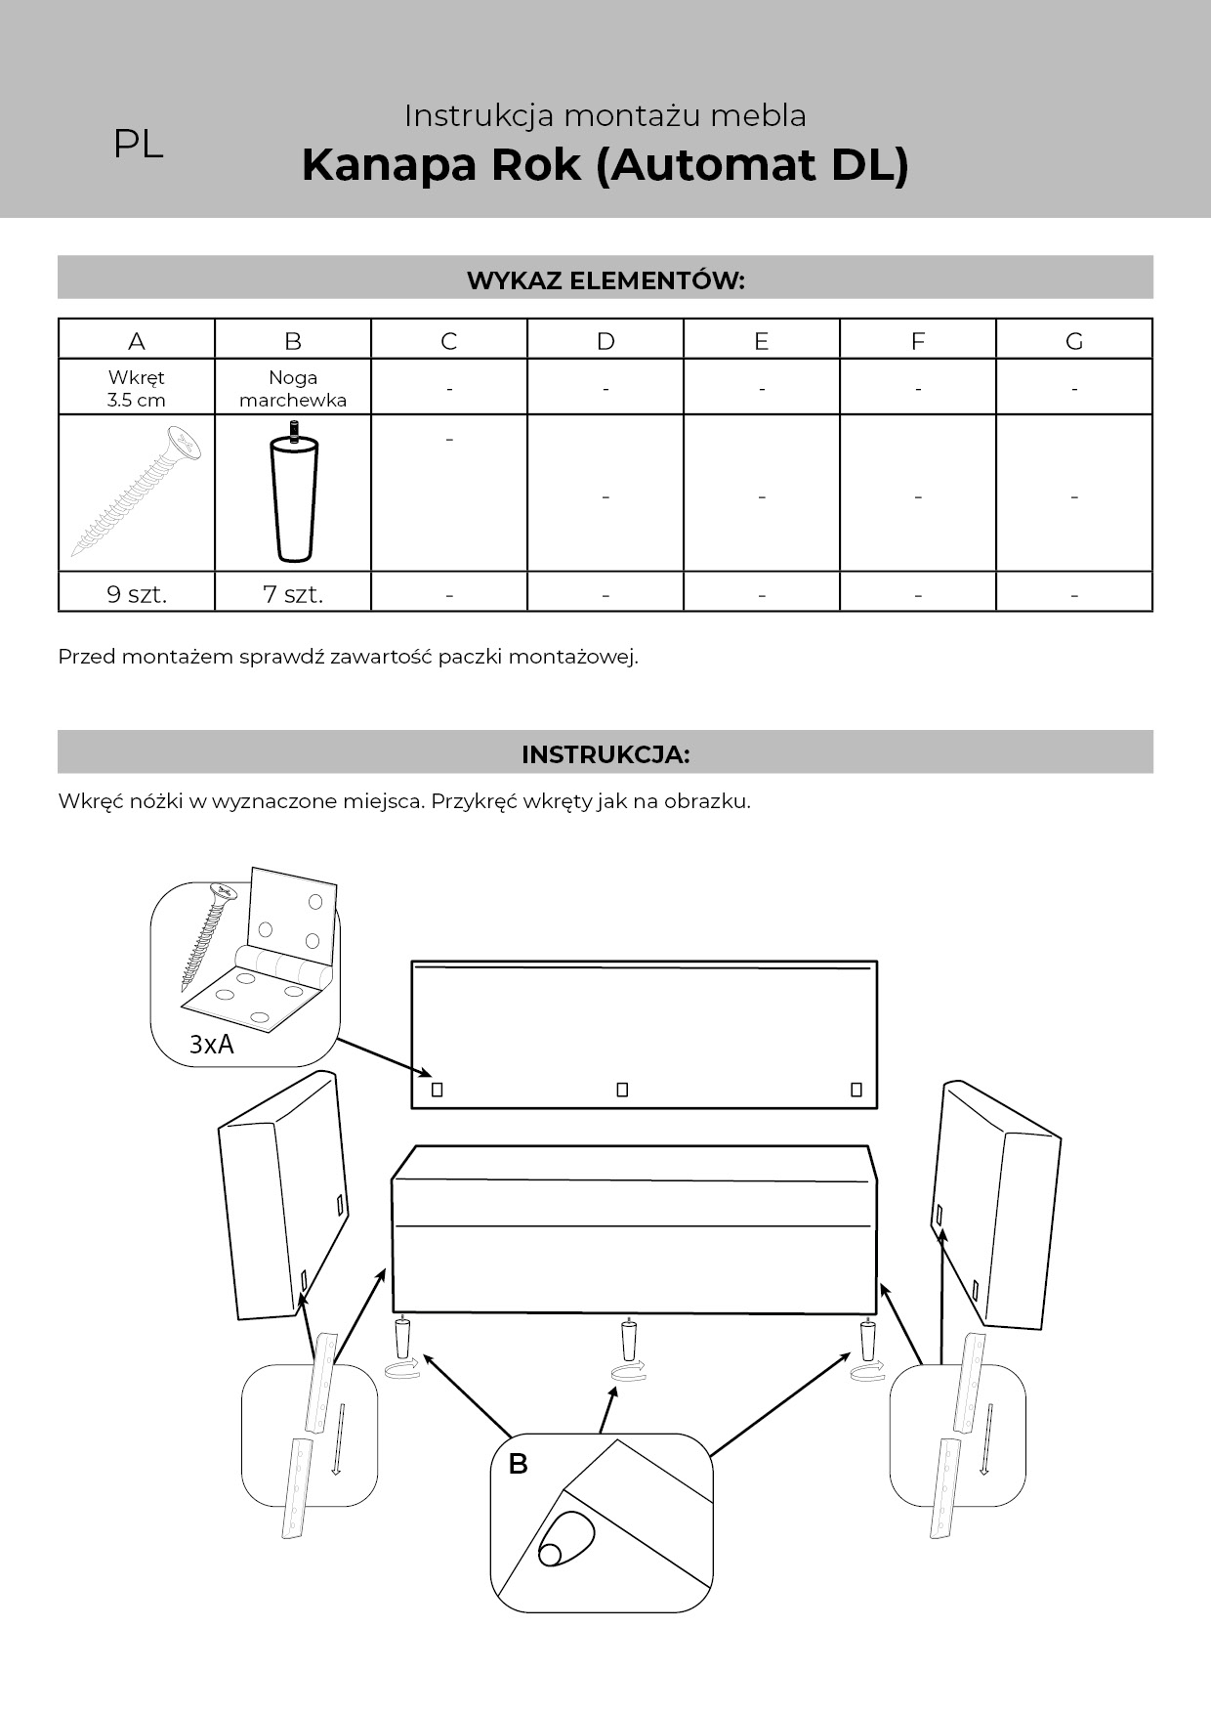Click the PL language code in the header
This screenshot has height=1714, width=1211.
138,145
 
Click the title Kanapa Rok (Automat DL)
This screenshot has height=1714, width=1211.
605,164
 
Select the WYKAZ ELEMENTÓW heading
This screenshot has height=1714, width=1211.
605,280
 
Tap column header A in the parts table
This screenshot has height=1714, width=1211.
137,341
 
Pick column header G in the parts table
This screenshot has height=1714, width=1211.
1074,341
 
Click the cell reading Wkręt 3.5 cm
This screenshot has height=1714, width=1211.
137,388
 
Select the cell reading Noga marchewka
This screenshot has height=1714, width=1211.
293,388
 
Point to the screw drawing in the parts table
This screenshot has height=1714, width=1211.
137,492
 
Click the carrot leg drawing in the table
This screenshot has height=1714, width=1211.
293,493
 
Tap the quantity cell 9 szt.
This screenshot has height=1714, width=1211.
137,594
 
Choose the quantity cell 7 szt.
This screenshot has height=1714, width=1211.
293,594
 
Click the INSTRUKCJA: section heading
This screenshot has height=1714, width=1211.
605,754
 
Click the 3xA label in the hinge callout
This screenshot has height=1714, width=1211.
212,1045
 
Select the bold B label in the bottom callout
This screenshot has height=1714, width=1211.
518,1464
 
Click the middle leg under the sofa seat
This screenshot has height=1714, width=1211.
630,1336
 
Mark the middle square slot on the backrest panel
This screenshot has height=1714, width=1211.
622,1090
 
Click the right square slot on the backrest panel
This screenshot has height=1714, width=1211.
856,1090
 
